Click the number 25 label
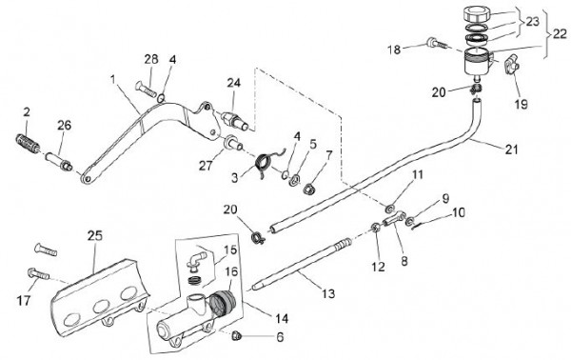95,236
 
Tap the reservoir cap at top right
478,14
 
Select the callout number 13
329,293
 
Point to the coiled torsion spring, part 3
266,162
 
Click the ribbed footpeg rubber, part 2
28,143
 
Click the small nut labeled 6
237,335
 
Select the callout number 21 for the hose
512,149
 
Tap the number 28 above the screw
151,59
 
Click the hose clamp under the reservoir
476,89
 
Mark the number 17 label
24,301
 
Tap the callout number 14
282,319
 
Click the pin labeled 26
58,162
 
